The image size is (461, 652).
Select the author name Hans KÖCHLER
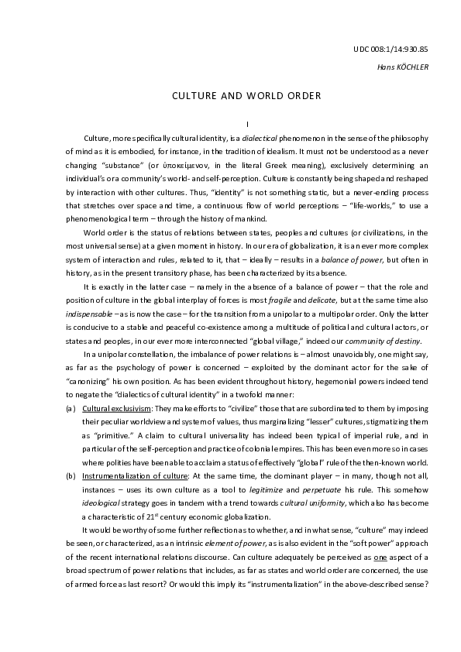pos(402,67)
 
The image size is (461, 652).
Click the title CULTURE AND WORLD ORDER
pos(246,96)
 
